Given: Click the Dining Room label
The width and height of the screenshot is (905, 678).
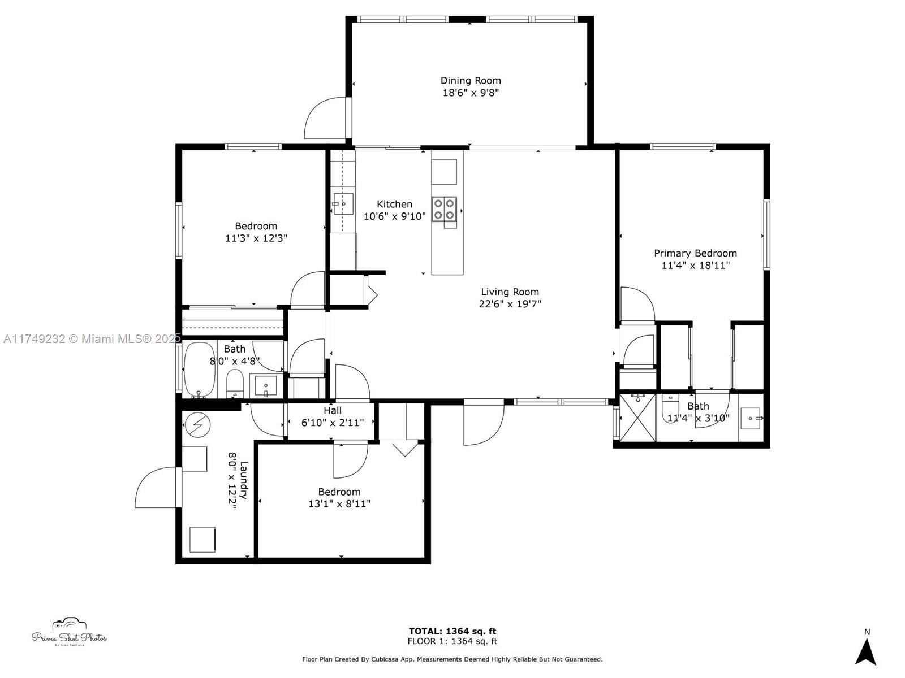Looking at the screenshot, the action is pyautogui.click(x=471, y=81).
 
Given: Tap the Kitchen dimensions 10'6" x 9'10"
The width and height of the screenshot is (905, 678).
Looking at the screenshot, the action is pyautogui.click(x=394, y=216).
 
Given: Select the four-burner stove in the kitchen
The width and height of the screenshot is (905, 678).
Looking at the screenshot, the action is pyautogui.click(x=444, y=209).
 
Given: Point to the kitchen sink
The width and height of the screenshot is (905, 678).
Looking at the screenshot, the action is pyautogui.click(x=343, y=203).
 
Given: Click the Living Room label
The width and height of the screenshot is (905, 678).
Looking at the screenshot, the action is pyautogui.click(x=510, y=292).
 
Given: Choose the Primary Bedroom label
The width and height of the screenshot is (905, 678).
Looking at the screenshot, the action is pyautogui.click(x=695, y=253).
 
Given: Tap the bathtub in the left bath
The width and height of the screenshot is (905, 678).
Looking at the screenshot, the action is pyautogui.click(x=199, y=370).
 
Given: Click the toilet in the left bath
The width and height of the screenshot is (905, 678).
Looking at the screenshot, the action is pyautogui.click(x=235, y=383).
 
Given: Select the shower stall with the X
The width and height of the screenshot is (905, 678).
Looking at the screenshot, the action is pyautogui.click(x=637, y=418).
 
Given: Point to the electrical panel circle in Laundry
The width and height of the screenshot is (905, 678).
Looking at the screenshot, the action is pyautogui.click(x=197, y=424).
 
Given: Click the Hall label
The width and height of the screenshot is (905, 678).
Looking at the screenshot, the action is pyautogui.click(x=333, y=410).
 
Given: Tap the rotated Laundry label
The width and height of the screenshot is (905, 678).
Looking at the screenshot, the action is pyautogui.click(x=244, y=480).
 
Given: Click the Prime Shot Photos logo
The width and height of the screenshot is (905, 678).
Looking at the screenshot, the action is pyautogui.click(x=69, y=632).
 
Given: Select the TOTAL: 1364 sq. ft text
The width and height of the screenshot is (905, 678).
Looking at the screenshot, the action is pyautogui.click(x=453, y=631).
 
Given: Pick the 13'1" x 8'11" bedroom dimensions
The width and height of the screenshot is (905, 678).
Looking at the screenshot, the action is pyautogui.click(x=339, y=503).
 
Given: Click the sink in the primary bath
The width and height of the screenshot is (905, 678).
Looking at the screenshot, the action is pyautogui.click(x=751, y=418).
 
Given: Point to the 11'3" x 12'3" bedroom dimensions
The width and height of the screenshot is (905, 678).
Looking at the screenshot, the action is pyautogui.click(x=256, y=238).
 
